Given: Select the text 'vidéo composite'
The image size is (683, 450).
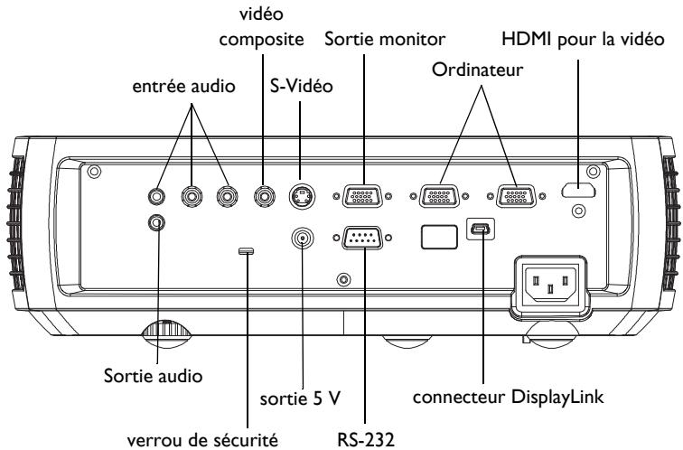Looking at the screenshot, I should pos(263,29).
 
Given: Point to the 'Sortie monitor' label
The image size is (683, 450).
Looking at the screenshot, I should pos(365,40).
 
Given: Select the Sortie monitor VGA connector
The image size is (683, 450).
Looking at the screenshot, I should pos(365,194).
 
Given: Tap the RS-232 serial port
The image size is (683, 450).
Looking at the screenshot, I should pos(365,237).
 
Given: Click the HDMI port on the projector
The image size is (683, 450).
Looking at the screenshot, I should pos(578,192).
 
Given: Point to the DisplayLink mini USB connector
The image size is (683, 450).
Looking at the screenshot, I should pos(480,231).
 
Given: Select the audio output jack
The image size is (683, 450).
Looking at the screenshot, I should pos(158,222).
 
